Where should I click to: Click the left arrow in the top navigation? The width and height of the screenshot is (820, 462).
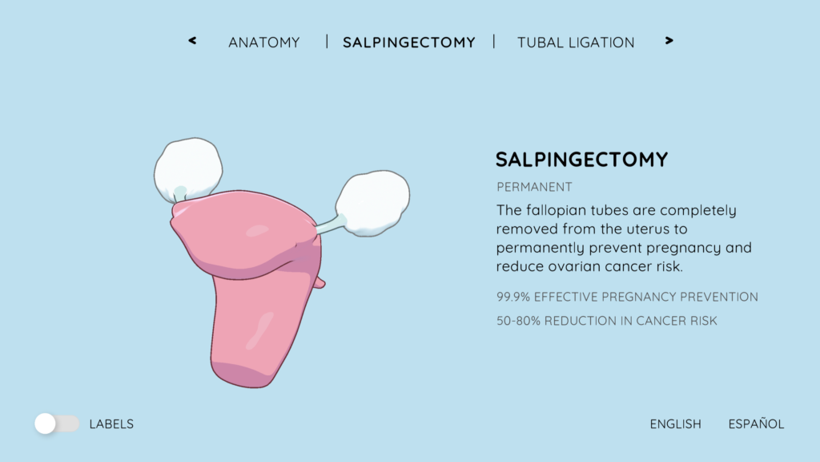pos(192,41)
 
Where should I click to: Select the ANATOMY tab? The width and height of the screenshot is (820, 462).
pos(264,43)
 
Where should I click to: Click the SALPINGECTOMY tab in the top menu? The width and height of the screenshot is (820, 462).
pos(409,43)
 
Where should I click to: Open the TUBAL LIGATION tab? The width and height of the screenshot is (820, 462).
pos(576,43)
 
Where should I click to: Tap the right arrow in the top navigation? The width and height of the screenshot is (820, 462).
pos(669,41)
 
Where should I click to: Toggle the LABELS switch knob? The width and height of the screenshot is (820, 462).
pos(46,423)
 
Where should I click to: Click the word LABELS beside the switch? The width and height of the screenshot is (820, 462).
pos(111,423)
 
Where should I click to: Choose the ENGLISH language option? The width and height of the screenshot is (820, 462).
pos(675,423)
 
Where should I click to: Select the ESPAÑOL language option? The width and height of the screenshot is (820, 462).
pos(756,423)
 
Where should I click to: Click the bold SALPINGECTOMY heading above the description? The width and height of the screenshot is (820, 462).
pos(581,160)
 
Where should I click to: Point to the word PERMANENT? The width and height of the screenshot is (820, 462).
pos(534,187)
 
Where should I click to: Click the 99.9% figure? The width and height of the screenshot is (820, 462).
pos(513,297)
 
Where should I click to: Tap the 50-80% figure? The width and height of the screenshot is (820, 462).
pos(518,321)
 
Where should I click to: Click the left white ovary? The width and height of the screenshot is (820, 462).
pos(188,169)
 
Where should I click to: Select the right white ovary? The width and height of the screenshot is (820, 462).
pos(373,203)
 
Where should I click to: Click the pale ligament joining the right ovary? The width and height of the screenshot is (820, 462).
pos(331,225)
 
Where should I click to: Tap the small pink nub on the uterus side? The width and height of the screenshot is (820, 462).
pos(319,283)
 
